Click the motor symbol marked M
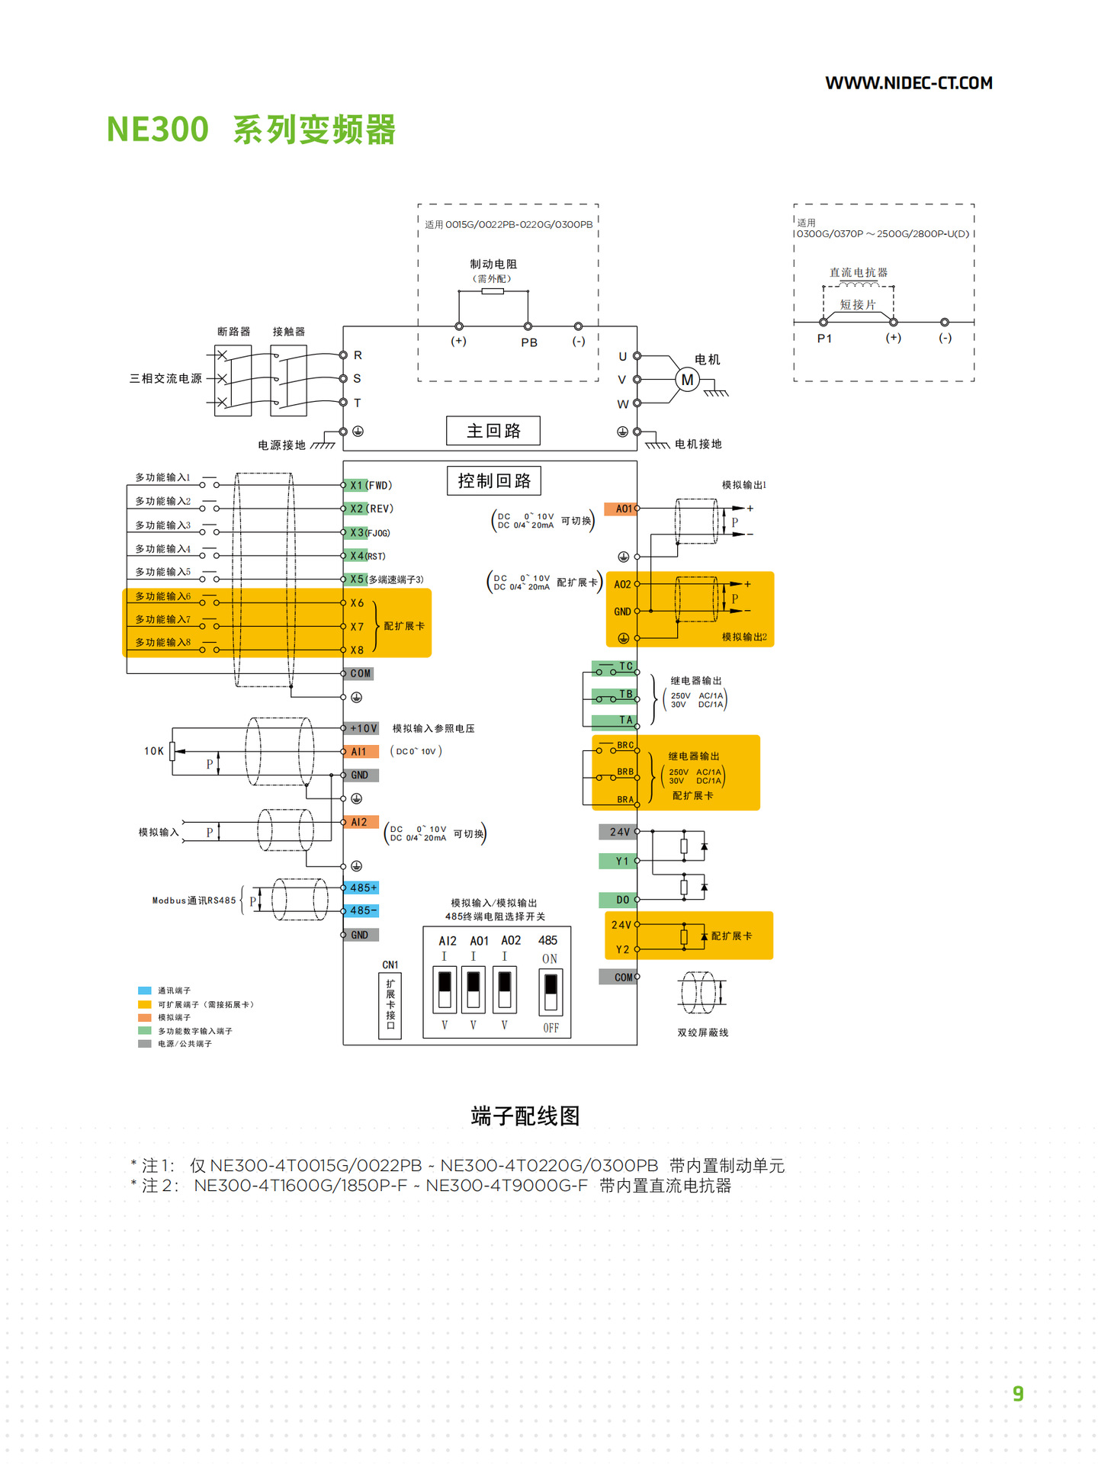pos(687,380)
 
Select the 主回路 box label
pos(493,431)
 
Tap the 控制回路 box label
pos(494,481)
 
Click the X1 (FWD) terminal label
pos(370,485)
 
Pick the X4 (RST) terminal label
pos(368,556)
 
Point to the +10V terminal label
pos(363,728)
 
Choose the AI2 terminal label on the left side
pos(359,822)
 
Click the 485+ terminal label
pos(363,888)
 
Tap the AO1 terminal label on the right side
pos(623,509)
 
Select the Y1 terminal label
pos(621,861)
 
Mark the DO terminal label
pos(622,900)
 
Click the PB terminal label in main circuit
pos(529,342)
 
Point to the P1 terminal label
pos(824,339)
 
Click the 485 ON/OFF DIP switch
pos(551,991)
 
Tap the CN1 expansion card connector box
pos(390,1005)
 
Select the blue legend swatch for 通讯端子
pos(145,990)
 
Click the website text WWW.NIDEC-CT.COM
pos(908,83)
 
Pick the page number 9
pos(1018,1394)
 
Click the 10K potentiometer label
pos(154,751)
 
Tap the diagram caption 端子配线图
pos(525,1116)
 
